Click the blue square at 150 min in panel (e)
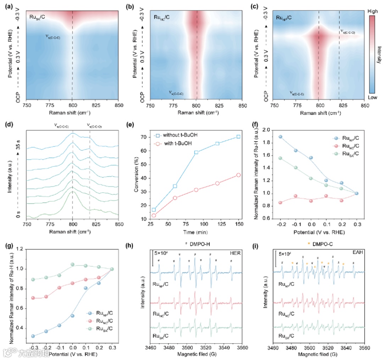pyautogui.click(x=238, y=137)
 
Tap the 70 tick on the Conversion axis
pyautogui.click(x=145, y=137)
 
